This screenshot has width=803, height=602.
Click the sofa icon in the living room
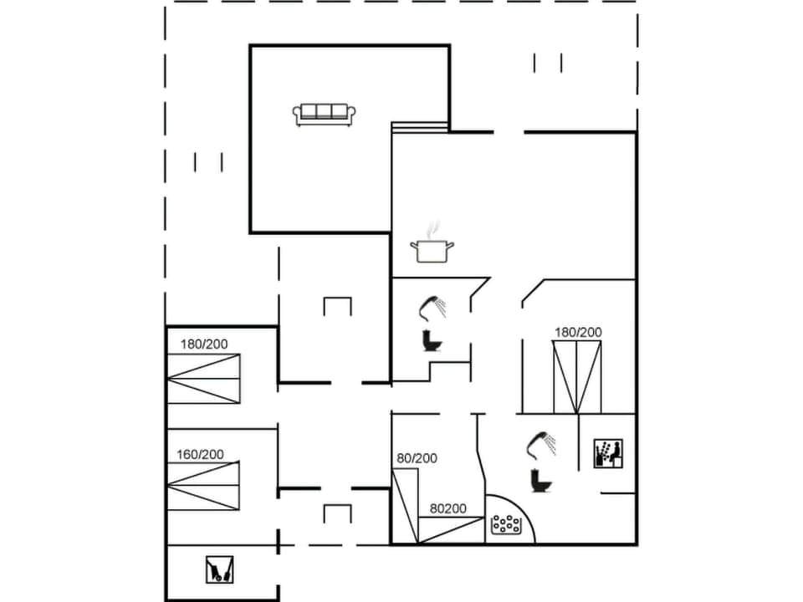coord(325,114)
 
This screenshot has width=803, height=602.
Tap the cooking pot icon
coord(432,251)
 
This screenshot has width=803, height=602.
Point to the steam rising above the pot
coord(432,228)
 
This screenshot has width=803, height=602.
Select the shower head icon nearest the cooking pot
coord(433,307)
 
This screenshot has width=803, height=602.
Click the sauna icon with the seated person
coord(607,454)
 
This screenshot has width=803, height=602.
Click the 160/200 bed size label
coord(200,455)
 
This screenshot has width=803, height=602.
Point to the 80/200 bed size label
coord(417,458)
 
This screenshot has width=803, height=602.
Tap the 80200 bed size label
coord(448,508)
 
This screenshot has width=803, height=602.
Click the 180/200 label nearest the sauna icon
coord(578,333)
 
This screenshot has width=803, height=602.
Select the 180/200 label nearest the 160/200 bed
coord(204,344)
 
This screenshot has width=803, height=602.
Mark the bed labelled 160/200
coord(203,485)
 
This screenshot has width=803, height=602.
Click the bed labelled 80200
coord(452,529)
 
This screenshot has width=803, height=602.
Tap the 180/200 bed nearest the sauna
coord(577,377)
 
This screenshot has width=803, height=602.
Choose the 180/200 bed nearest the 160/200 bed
coord(203,379)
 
